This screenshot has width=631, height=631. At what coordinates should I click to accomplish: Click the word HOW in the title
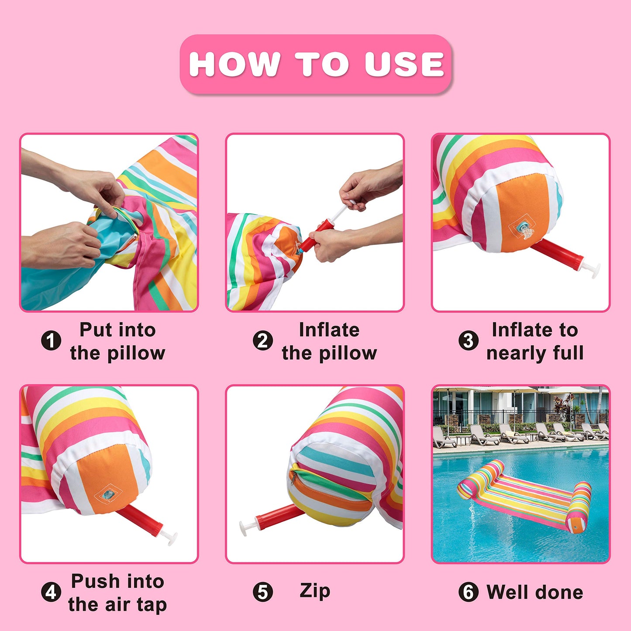(234, 64)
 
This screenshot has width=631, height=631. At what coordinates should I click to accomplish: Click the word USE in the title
(404, 64)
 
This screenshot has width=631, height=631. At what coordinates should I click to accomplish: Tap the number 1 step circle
(51, 341)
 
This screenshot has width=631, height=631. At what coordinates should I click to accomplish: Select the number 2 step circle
(262, 341)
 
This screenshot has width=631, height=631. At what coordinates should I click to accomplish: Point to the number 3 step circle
(468, 341)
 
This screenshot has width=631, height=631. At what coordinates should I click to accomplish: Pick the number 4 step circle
(51, 592)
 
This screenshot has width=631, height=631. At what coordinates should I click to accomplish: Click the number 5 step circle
(262, 592)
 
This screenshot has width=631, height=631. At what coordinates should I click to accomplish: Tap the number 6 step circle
(468, 592)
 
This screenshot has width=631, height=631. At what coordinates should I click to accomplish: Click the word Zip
(315, 592)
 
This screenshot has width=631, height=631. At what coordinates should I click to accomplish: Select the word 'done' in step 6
(559, 592)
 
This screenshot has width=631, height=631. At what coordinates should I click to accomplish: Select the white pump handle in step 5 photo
(247, 527)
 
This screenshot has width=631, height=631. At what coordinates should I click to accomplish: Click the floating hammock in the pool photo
(524, 496)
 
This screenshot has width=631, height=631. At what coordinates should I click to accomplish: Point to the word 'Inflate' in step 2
(329, 330)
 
